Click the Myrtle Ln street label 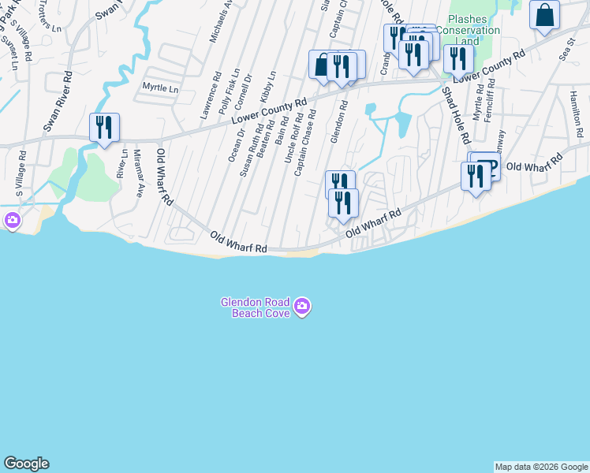tap(160, 88)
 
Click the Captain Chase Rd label tap(306, 143)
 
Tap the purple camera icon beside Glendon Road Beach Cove tap(302, 307)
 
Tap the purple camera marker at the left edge tap(12, 221)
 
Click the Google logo tap(26, 464)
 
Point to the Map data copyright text tap(541, 467)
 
